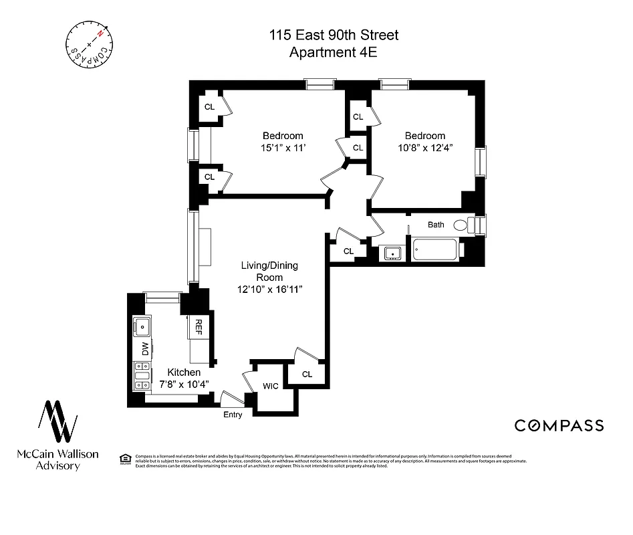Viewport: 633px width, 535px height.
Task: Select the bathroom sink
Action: pos(392,253)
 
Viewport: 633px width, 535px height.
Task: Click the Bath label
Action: pos(436,225)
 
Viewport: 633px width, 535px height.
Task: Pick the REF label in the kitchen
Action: pos(199,326)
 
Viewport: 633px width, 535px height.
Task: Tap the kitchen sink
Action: pos(142,327)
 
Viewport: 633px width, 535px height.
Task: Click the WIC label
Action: pos(271,386)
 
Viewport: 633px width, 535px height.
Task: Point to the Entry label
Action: pos(232,415)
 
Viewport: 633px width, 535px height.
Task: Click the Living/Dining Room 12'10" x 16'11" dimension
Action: pos(269,289)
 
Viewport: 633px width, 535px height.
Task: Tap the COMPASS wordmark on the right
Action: pos(558,425)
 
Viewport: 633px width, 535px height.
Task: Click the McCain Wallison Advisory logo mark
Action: pos(57,423)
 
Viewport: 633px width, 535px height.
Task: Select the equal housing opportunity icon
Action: pos(124,458)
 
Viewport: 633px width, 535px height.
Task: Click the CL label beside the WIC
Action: pos(307,374)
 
